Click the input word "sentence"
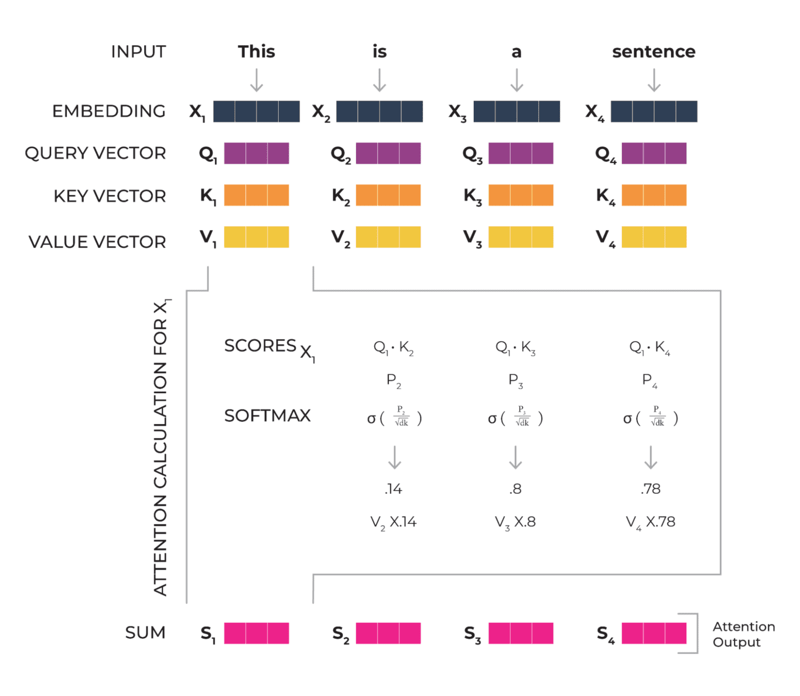tap(654, 52)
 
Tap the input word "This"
tap(257, 52)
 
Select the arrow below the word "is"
tap(380, 80)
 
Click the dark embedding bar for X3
tap(517, 111)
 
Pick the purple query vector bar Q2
tap(388, 153)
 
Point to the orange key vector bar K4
tap(654, 195)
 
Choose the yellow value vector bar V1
tap(257, 237)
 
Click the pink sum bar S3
tap(521, 633)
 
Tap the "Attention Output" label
tap(743, 634)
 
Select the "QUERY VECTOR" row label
tap(95, 153)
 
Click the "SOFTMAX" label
tap(267, 416)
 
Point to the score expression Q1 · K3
tap(515, 348)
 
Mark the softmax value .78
tap(651, 489)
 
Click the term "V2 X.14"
tap(394, 522)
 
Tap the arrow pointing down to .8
tap(515, 458)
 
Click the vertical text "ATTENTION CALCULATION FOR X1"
tap(161, 448)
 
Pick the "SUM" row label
tap(145, 633)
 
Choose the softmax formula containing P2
tap(395, 418)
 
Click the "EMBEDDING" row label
tap(109, 111)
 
